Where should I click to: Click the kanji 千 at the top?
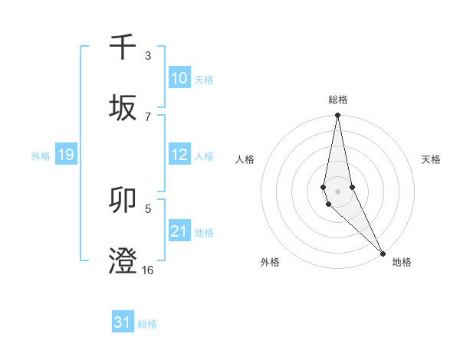123,47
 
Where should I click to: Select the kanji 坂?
123,108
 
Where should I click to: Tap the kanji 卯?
123,201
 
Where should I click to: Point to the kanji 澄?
123,261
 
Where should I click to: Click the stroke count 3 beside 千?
148,56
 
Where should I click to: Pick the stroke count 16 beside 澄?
148,270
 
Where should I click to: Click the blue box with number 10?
179,78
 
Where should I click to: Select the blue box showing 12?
179,155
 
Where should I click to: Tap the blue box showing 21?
179,231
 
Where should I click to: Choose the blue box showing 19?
65,155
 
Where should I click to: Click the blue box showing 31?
123,323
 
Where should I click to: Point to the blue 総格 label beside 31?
147,324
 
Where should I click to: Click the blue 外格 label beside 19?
41,156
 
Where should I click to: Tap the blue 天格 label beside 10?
204,79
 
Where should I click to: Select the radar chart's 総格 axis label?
338,100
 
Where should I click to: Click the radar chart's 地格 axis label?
402,262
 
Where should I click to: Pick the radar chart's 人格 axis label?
245,159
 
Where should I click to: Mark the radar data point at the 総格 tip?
338,116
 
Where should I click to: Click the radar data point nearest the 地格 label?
383,253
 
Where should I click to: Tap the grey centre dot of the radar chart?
338,191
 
